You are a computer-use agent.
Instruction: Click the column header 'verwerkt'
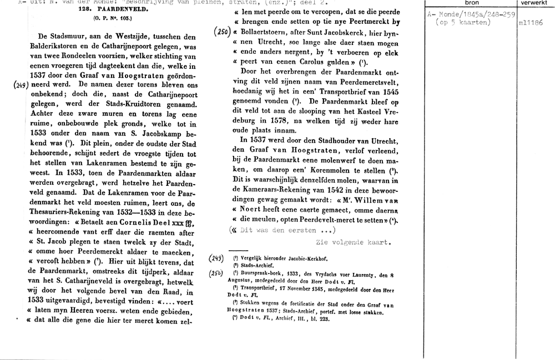[x=534, y=3]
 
